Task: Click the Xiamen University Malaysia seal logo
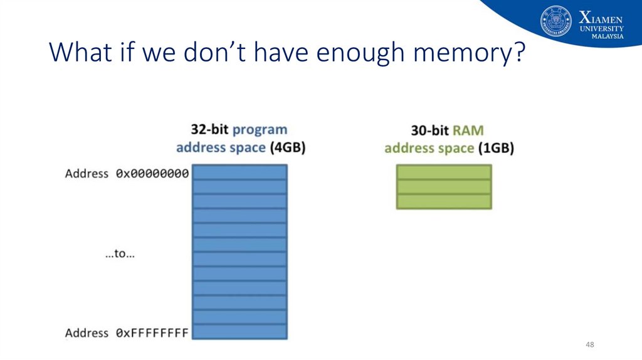coord(556,21)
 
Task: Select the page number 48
coord(589,346)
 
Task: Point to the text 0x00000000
coord(152,174)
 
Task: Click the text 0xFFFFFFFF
coord(152,333)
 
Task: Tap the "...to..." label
coord(120,254)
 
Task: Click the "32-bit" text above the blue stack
coord(209,130)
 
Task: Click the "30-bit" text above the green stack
coord(429,130)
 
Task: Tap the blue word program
coord(260,130)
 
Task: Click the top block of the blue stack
coord(239,172)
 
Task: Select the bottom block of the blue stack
coord(239,331)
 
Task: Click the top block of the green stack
coord(444,172)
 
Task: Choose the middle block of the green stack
coord(444,186)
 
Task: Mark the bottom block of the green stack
coord(444,201)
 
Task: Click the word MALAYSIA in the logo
coord(608,36)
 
